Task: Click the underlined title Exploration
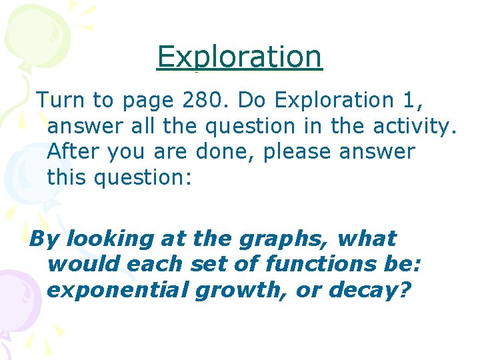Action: click(x=239, y=57)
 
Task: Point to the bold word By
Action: click(x=45, y=239)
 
